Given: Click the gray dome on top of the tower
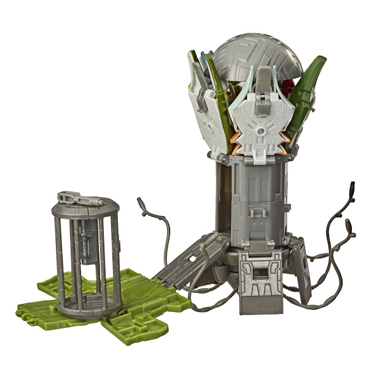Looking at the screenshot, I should (x=258, y=52).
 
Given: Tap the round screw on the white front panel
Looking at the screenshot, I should (x=262, y=131).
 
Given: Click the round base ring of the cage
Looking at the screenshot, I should (x=86, y=304).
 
